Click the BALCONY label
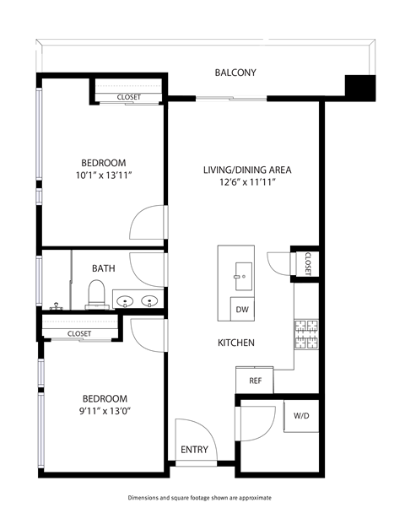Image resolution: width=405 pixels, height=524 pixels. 235,73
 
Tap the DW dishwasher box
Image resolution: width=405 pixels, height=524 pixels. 241,309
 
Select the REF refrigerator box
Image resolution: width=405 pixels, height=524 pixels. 254,381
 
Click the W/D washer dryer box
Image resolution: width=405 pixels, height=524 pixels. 301,416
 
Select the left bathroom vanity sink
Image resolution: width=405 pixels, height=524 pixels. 125,300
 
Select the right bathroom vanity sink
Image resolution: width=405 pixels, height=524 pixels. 151,300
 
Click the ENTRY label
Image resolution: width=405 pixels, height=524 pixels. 194,450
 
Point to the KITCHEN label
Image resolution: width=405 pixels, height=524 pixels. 236,343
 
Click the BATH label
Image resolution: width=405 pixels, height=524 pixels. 104,268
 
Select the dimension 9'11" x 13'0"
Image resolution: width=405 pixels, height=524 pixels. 104,411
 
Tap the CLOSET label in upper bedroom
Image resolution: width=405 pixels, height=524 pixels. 129,98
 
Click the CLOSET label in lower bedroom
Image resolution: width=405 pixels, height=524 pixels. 79,334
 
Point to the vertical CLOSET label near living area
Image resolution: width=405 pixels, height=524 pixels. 308,263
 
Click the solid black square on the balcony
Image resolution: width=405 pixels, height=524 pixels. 359,87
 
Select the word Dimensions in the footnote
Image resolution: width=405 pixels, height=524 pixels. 146,498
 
